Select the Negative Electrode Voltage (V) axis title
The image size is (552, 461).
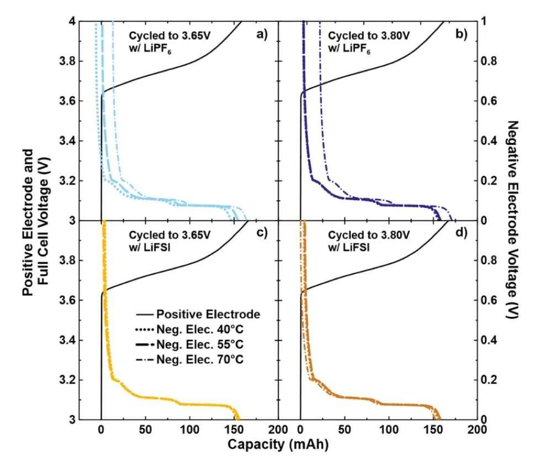point(513,220)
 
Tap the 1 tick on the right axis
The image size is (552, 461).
point(485,22)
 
